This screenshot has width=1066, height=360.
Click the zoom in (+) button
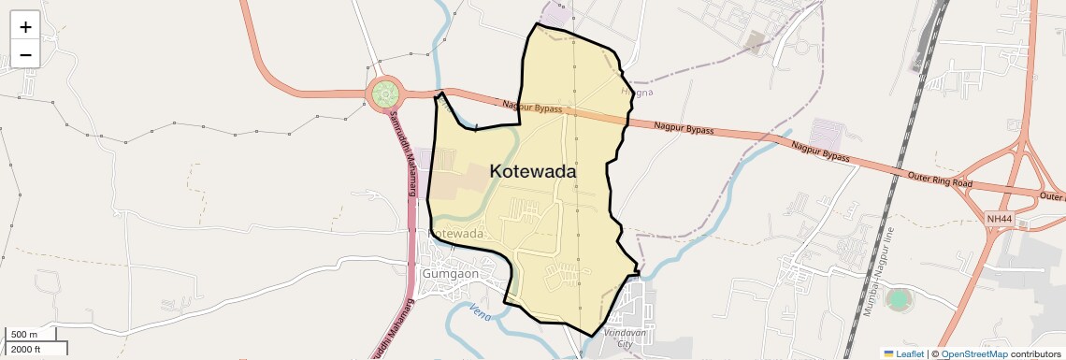tap(25, 27)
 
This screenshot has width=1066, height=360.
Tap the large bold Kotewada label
tap(532, 172)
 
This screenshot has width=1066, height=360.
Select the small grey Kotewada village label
tap(455, 233)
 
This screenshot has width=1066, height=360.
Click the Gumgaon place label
tap(451, 274)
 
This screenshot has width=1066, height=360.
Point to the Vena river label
tap(480, 310)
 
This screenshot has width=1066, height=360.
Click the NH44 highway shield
tap(999, 219)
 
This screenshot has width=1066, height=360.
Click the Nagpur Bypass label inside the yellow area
tap(531, 108)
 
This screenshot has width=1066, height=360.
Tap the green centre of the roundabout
tap(385, 94)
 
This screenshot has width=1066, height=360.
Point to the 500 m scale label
tap(25, 335)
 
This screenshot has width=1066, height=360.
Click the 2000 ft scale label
tap(25, 349)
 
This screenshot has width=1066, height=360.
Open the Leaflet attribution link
tap(904, 353)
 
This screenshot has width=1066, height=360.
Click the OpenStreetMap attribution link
tap(973, 353)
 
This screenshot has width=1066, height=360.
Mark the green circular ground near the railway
tap(899, 299)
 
